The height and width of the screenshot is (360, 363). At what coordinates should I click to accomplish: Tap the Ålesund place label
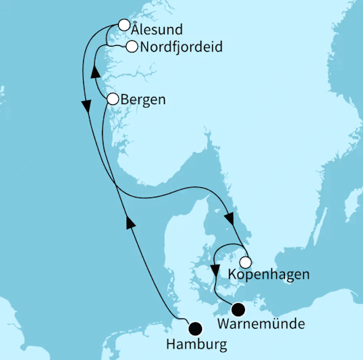click(x=157, y=31)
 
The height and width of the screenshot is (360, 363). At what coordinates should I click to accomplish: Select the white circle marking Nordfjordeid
click(x=131, y=47)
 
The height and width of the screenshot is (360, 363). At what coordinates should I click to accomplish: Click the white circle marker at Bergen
click(x=112, y=98)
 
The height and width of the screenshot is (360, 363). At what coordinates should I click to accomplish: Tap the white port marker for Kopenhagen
click(x=246, y=262)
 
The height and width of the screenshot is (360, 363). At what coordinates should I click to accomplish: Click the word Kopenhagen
click(x=268, y=275)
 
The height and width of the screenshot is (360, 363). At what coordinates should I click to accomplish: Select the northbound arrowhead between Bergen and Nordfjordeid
click(x=94, y=72)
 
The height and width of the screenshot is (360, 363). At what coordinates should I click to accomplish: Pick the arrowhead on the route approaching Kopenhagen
click(x=230, y=219)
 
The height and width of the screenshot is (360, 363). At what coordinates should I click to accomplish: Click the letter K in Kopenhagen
click(x=233, y=275)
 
